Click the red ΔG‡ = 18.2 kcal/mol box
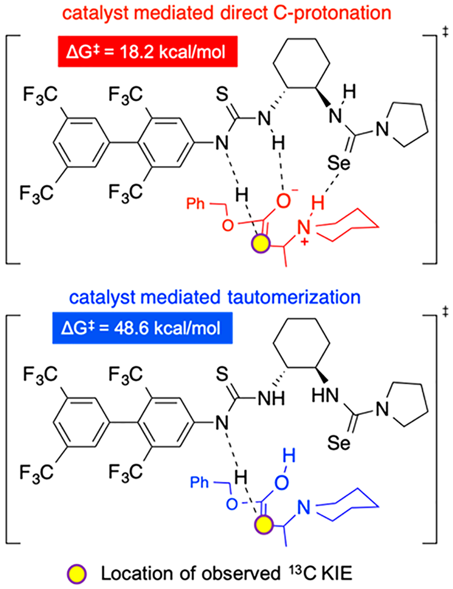(148, 51)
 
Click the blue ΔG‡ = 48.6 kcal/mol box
(142, 328)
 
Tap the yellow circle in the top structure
(260, 244)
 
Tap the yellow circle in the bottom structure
(264, 525)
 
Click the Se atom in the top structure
(339, 163)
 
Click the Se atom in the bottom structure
(339, 443)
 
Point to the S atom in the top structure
(222, 94)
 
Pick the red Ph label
(195, 203)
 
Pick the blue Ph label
(199, 482)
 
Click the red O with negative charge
(283, 201)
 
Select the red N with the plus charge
(303, 228)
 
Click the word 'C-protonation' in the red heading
(332, 13)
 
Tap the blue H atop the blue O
(289, 456)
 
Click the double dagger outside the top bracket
(445, 32)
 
